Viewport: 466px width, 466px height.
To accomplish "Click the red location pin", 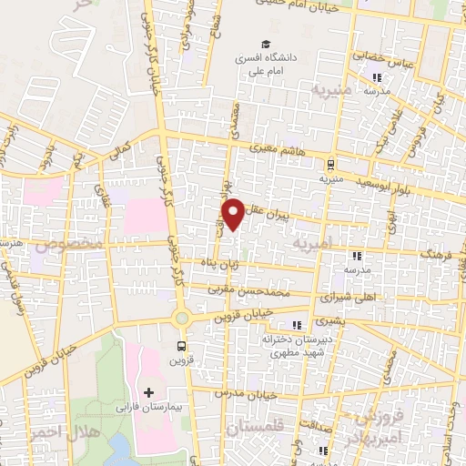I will coord(234,213).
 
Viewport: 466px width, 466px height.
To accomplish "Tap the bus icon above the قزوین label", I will coord(182,346).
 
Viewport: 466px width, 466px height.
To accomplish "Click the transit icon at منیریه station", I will coord(329,165).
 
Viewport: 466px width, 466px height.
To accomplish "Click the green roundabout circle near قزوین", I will coord(182,318).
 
